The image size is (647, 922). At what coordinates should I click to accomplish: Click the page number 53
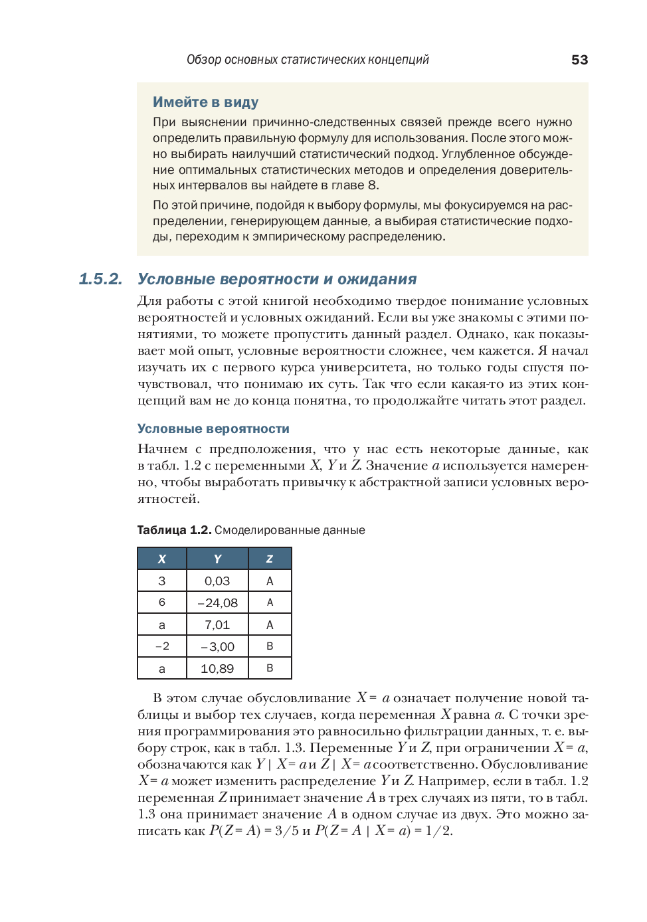point(579,60)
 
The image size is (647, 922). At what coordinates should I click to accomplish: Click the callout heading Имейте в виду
point(205,102)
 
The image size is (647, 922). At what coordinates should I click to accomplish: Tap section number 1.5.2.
point(100,279)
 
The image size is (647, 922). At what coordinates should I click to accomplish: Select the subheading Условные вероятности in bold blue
point(213,429)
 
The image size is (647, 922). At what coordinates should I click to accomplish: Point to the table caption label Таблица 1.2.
point(174,530)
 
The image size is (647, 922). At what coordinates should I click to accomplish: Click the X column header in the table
point(162,559)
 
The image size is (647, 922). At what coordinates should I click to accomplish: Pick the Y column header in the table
point(217,559)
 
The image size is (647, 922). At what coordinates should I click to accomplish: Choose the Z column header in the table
point(270,559)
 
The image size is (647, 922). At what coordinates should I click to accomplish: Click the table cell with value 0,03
point(217,581)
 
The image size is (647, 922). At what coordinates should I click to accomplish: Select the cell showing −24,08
point(217,602)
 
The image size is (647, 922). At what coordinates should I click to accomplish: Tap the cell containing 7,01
point(217,624)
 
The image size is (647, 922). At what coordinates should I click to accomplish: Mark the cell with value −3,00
point(217,646)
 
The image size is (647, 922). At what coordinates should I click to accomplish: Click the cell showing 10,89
point(217,668)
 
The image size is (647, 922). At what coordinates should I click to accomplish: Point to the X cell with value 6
point(162,602)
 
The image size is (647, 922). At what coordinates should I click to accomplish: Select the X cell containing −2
point(162,646)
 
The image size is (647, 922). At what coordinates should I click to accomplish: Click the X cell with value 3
point(162,581)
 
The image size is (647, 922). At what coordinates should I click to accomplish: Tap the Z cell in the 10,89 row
point(270,668)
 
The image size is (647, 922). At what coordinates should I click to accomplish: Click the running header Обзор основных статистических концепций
point(308,60)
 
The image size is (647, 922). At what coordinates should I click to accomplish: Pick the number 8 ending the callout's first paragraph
point(372,185)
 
